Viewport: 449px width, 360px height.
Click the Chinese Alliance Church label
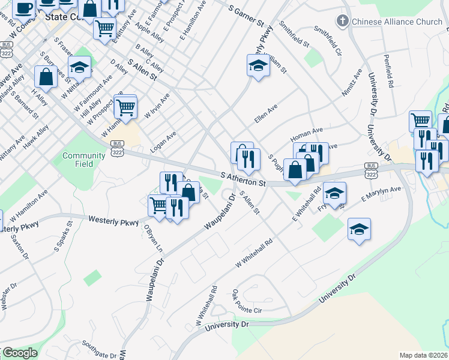point(397,22)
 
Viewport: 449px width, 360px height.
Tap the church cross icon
point(343,22)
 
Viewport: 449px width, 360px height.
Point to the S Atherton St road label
point(243,179)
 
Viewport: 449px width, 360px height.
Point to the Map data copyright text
point(423,355)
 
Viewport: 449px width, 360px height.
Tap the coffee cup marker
point(24,8)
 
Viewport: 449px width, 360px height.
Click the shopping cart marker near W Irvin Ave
point(125,107)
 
